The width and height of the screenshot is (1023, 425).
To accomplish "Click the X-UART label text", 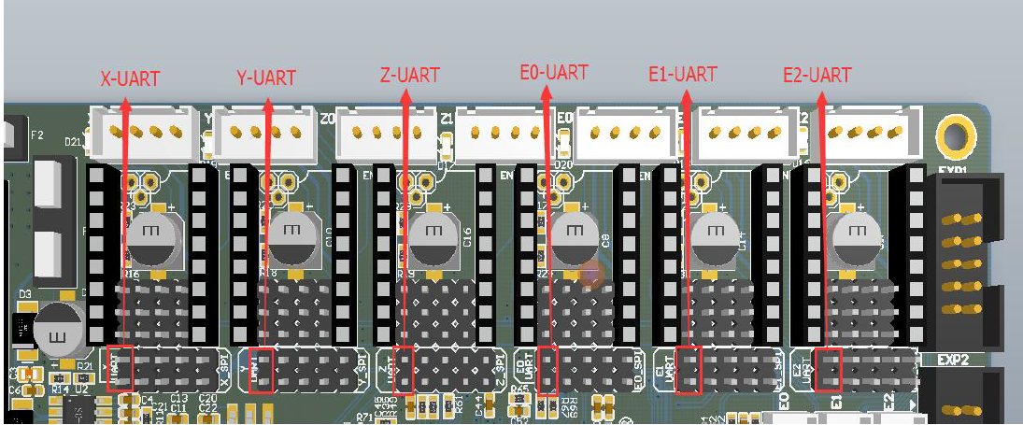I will [x=130, y=78].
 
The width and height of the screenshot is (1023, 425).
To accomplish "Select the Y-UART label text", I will [x=266, y=78].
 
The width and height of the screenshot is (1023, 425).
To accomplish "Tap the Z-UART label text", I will [x=410, y=75].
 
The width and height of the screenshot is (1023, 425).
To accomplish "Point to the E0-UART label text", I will [x=554, y=72].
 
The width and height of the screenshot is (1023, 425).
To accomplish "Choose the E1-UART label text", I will [x=683, y=73].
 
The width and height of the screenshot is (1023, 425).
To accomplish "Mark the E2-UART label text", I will [x=817, y=75].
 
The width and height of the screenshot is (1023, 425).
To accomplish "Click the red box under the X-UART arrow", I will [x=121, y=368].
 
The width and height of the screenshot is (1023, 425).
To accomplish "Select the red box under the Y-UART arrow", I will [x=262, y=371].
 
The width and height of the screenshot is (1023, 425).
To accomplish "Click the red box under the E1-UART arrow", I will [x=689, y=370].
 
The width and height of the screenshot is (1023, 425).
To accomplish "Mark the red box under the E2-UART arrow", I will [x=829, y=368].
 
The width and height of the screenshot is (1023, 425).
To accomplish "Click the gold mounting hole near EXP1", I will [x=955, y=135].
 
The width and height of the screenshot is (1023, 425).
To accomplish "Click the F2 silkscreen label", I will [x=37, y=135].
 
